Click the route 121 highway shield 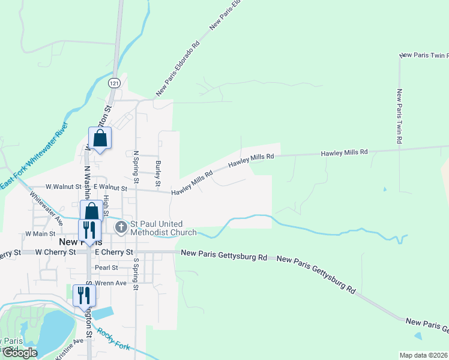coord(115,82)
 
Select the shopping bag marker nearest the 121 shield coord(100,139)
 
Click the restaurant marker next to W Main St coord(89,231)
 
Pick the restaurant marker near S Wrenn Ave coord(84,295)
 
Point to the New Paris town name coord(74,241)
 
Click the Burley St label coord(158,172)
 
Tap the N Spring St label coord(136,167)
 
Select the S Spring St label coord(136,275)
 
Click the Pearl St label coord(106,268)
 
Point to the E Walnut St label coord(110,188)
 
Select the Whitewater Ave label coord(46,208)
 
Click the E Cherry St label coord(113,252)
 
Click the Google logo coord(20,353)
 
